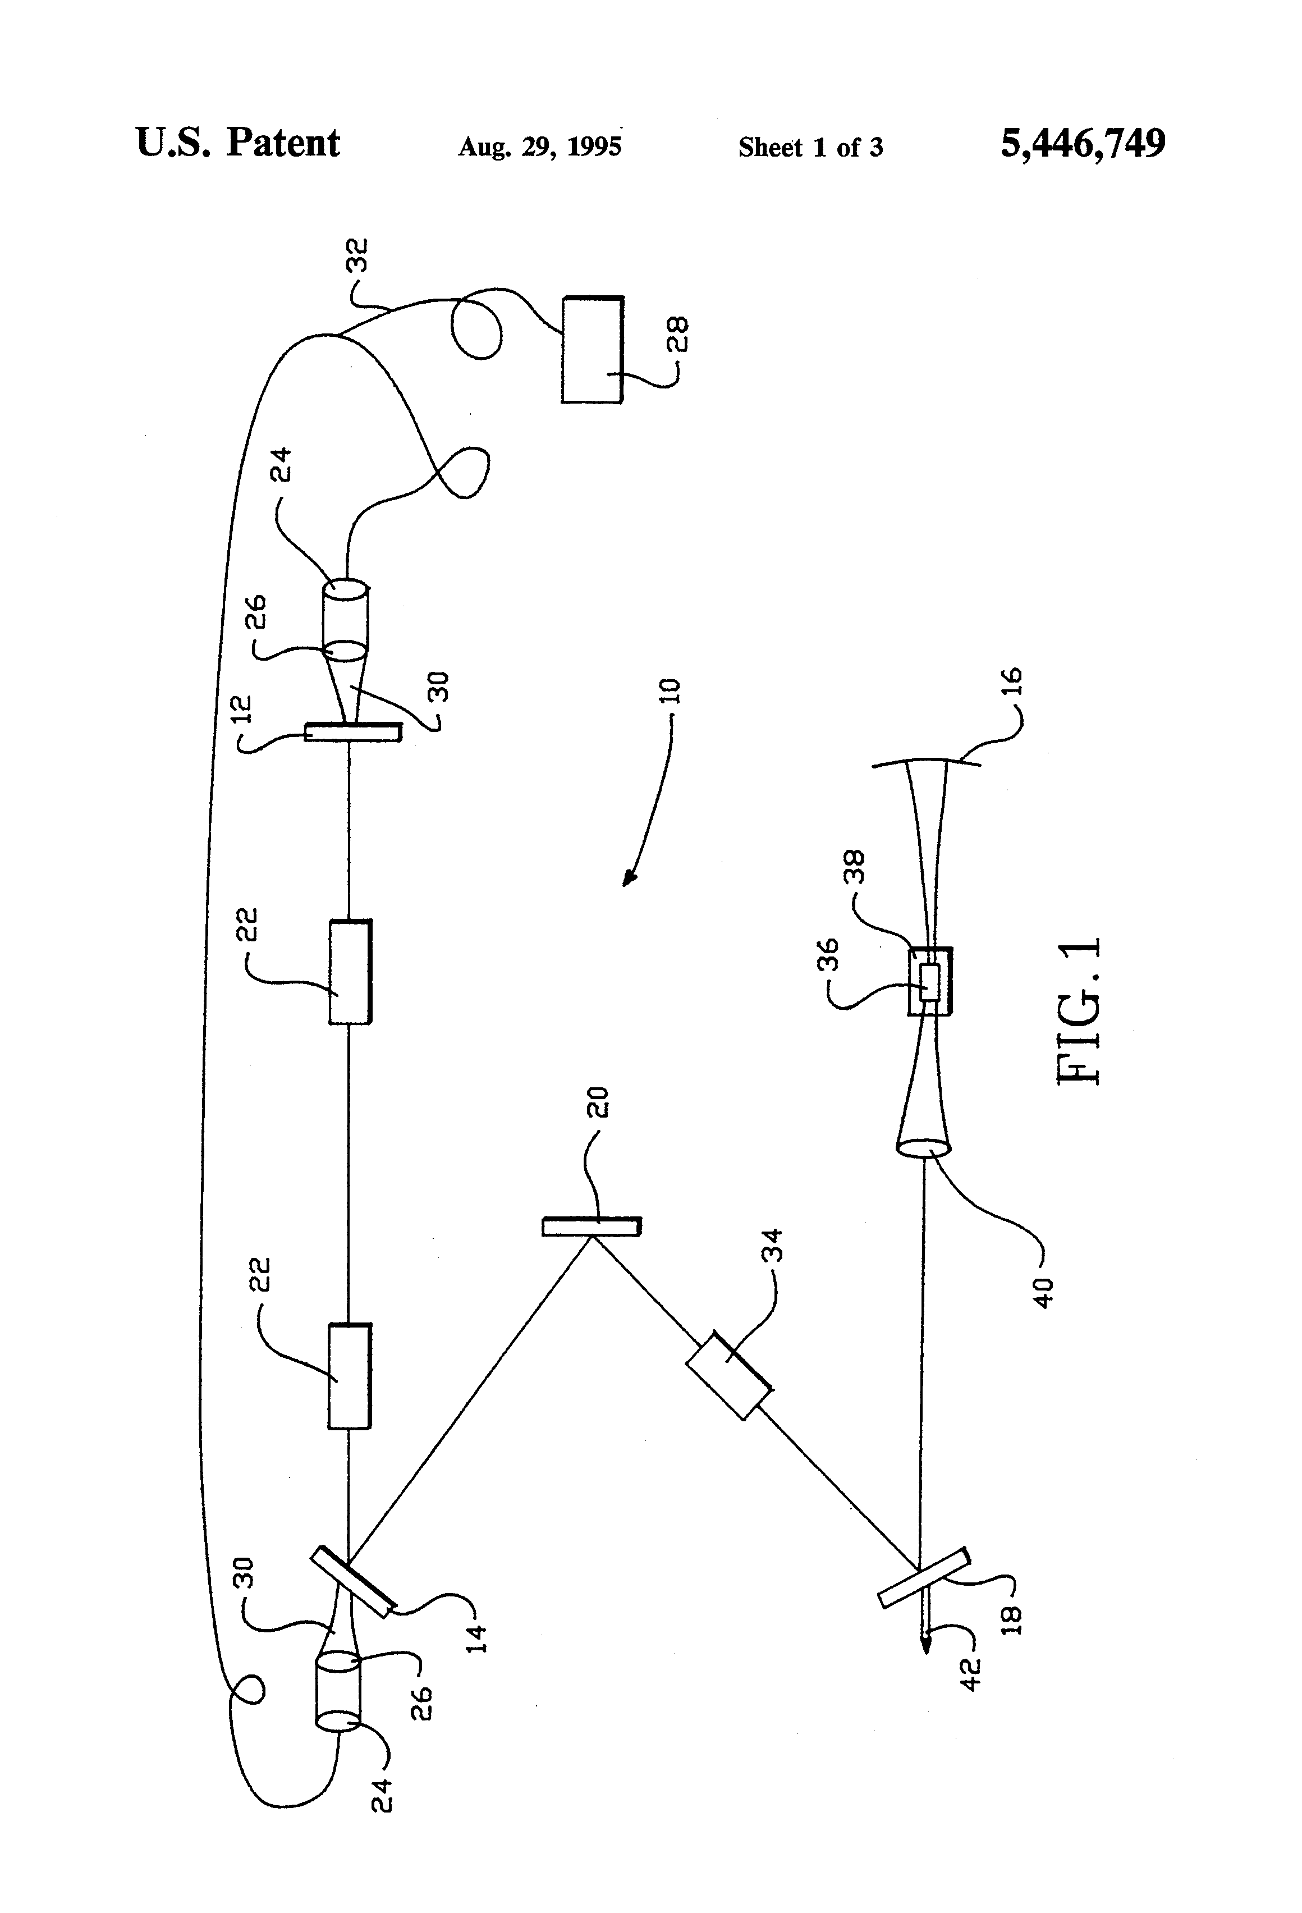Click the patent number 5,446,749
[1082, 144]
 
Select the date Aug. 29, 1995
[539, 147]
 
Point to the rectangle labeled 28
[592, 349]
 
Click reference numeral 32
[360, 255]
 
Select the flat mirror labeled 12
[353, 731]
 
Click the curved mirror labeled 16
[927, 763]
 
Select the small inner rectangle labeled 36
[929, 982]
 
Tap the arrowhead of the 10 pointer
[629, 881]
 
